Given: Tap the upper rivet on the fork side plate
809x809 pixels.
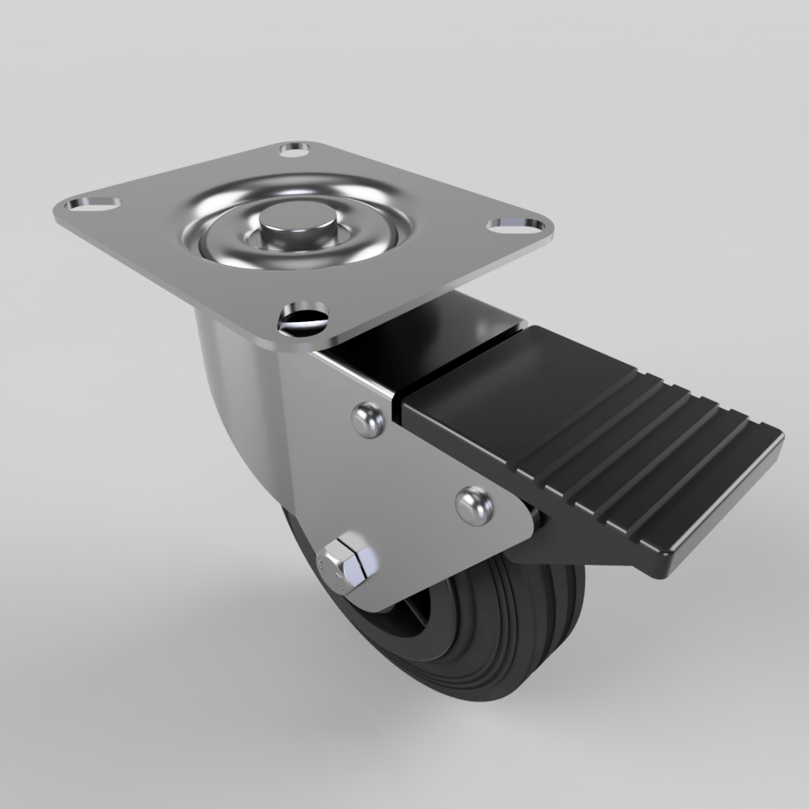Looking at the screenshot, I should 368,420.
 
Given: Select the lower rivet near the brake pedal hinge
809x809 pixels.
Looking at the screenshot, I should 473,506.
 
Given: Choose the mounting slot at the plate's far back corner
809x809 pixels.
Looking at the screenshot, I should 294,150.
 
